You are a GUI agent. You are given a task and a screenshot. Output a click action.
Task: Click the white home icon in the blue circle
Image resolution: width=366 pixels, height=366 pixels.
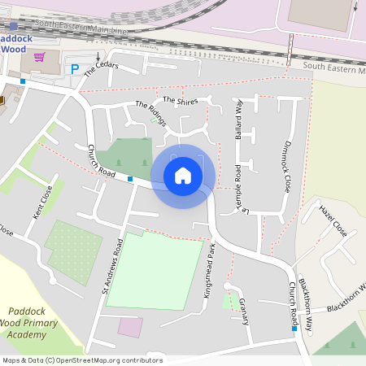(x=183, y=175)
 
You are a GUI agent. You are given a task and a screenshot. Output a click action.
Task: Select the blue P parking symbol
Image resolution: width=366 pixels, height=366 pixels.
(x=76, y=69)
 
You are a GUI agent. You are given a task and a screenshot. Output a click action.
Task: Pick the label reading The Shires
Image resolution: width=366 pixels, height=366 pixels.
(x=180, y=100)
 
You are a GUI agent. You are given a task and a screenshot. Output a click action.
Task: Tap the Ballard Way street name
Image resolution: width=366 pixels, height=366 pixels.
(x=239, y=120)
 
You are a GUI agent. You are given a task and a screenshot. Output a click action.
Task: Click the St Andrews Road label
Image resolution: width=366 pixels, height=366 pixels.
(x=111, y=266)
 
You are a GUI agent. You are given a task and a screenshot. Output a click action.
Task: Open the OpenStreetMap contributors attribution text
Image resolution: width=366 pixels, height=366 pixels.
(x=81, y=360)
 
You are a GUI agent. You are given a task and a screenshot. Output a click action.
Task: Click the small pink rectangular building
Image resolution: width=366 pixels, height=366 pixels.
(x=130, y=327)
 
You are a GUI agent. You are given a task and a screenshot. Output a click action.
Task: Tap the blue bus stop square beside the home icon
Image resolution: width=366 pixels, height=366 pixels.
(x=130, y=178)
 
